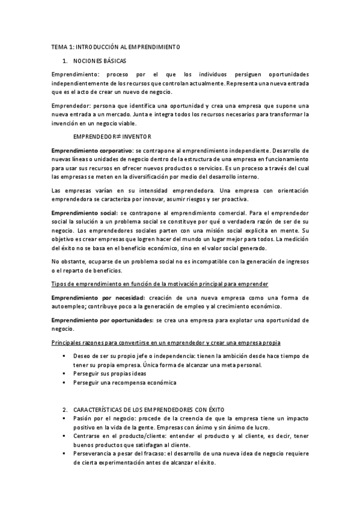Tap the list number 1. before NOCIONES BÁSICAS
65,61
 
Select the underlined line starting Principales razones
165,342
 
